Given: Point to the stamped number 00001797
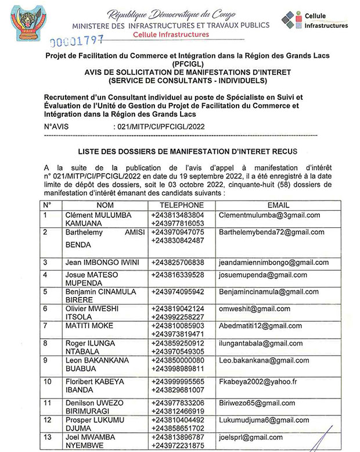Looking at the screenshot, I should pos(77,42).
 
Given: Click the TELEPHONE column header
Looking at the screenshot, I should pos(177,205).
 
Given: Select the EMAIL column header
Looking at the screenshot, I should pos(278,205).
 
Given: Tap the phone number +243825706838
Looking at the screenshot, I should pos(177,262).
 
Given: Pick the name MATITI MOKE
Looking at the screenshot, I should pos(89,326).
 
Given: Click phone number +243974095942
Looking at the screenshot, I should pos(177,291).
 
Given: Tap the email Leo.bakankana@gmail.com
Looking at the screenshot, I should pos(264,361).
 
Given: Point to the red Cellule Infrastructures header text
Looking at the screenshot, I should pos(171,35).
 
